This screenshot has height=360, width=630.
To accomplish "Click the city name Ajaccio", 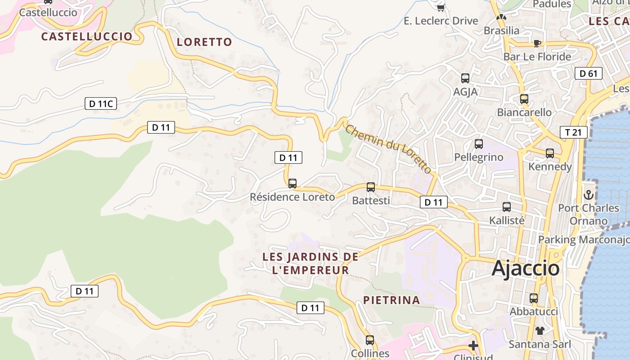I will pyautogui.click(x=526, y=268).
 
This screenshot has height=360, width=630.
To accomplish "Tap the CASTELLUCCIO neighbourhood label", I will pyautogui.click(x=87, y=36).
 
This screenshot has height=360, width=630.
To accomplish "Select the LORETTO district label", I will pyautogui.click(x=204, y=42).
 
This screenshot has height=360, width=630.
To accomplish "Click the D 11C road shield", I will pyautogui.click(x=101, y=104).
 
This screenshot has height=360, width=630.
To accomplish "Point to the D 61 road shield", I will pyautogui.click(x=588, y=73).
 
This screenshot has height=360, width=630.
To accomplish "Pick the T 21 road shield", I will pyautogui.click(x=574, y=132).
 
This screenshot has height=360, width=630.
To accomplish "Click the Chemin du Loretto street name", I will pyautogui.click(x=388, y=149).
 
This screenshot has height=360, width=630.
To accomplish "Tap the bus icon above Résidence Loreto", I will pyautogui.click(x=292, y=183).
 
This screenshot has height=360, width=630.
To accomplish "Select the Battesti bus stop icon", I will pyautogui.click(x=370, y=187).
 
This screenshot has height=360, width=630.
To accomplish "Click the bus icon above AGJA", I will pyautogui.click(x=465, y=78).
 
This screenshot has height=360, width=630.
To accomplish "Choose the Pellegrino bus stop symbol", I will pyautogui.click(x=479, y=144).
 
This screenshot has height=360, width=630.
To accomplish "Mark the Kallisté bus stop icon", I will pyautogui.click(x=507, y=207).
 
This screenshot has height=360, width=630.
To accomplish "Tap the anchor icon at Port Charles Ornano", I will pyautogui.click(x=588, y=195).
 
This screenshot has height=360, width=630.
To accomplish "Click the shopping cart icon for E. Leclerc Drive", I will pyautogui.click(x=441, y=8).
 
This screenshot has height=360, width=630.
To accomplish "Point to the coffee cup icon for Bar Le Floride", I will pyautogui.click(x=536, y=43).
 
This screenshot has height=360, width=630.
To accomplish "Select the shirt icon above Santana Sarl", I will pyautogui.click(x=540, y=331).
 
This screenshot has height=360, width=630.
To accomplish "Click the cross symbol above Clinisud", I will pyautogui.click(x=473, y=346).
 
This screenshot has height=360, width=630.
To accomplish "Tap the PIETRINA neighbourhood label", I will pyautogui.click(x=391, y=300).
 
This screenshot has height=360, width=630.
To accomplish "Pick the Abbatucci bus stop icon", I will pyautogui.click(x=534, y=298).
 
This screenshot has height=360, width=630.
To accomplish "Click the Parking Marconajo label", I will pyautogui.click(x=584, y=239).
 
